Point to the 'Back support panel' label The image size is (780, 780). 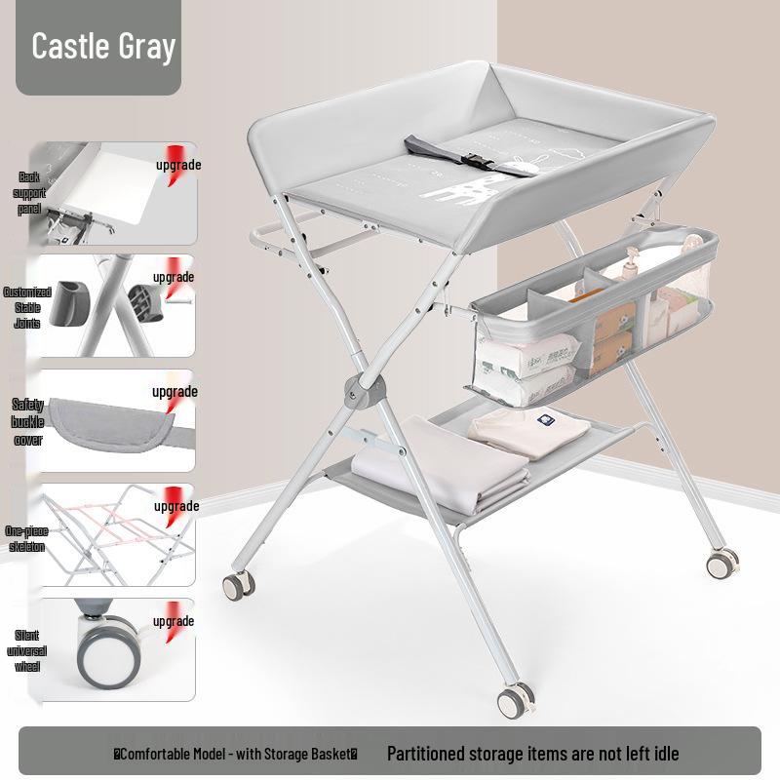pos(29,193)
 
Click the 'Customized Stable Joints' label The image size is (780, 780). pos(27,307)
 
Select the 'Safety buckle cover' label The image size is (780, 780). pos(27,421)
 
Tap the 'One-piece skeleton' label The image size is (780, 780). pos(25,538)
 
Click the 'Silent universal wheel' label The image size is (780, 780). pos(27,650)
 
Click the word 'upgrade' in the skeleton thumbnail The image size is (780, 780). pos(175,506)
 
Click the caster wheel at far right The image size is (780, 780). pos(723,563)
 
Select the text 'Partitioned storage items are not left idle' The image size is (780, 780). pos(532,753)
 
